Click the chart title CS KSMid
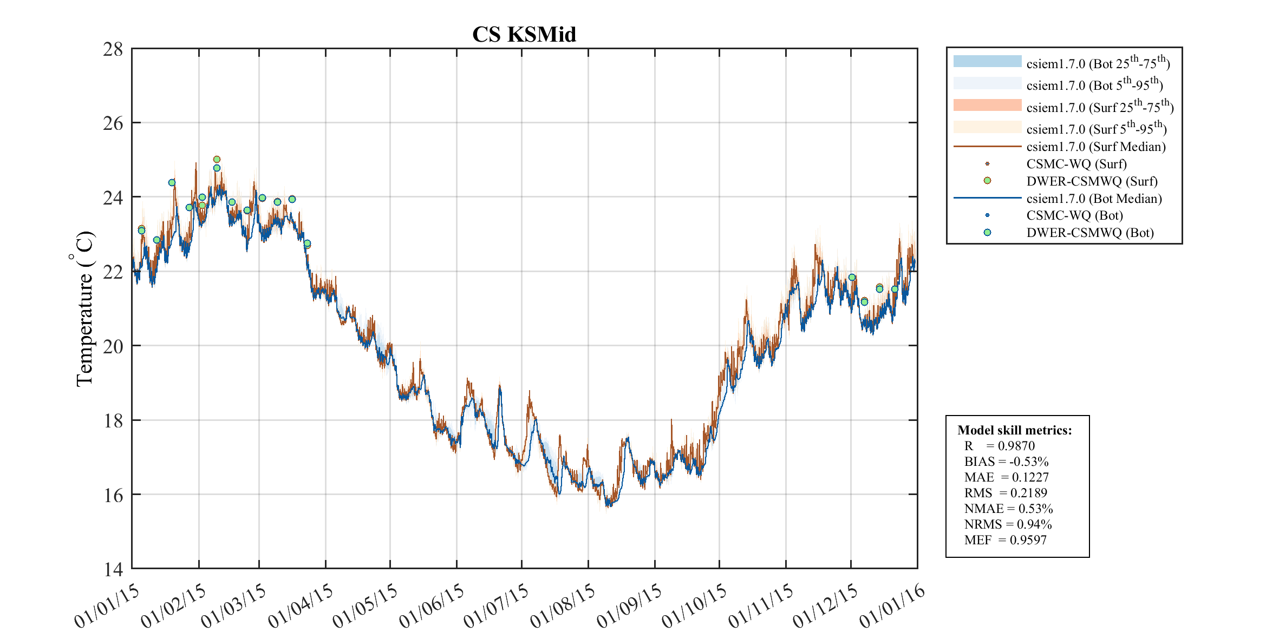pyautogui.click(x=524, y=35)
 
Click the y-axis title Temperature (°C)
pyautogui.click(x=84, y=308)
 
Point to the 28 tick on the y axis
pyautogui.click(x=113, y=49)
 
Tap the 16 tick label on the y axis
pyautogui.click(x=113, y=495)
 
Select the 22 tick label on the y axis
pyautogui.click(x=113, y=272)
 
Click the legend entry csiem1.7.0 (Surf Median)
pyautogui.click(x=1095, y=147)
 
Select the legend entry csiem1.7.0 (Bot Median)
pyautogui.click(x=1094, y=199)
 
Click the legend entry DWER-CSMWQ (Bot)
pyautogui.click(x=1089, y=233)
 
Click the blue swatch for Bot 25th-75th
pyautogui.click(x=987, y=61)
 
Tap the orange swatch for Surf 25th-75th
pyautogui.click(x=987, y=105)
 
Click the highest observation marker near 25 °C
pyautogui.click(x=217, y=159)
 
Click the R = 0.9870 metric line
pyautogui.click(x=999, y=446)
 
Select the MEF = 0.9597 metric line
pyautogui.click(x=1005, y=540)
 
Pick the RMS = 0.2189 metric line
pyautogui.click(x=1006, y=493)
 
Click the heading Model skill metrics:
pyautogui.click(x=1014, y=430)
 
